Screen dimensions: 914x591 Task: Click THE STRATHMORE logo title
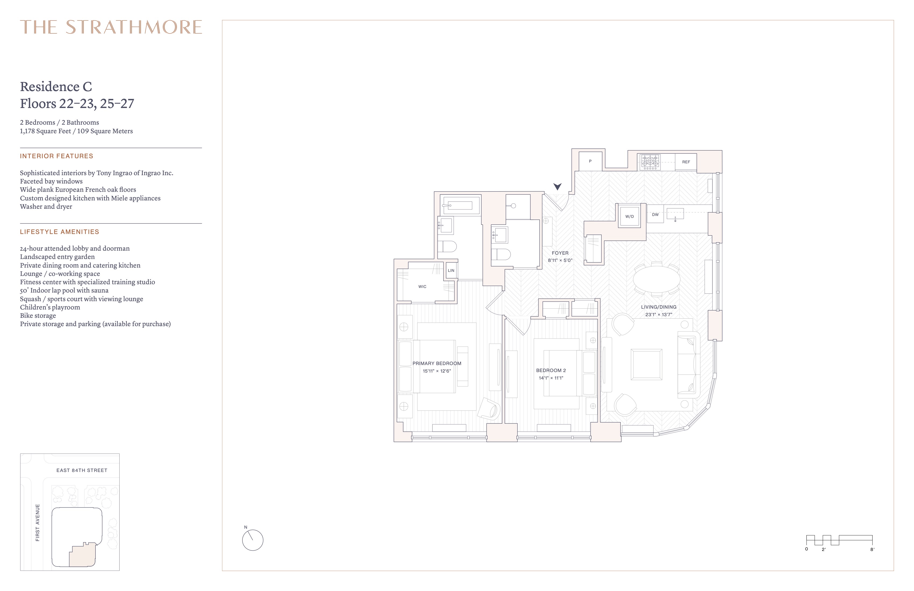tap(111, 27)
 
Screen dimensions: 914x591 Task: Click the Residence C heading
tap(56, 87)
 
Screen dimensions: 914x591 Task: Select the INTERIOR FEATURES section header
tap(56, 156)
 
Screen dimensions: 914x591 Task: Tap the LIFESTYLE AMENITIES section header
tap(59, 232)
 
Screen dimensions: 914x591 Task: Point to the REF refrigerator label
tap(686, 162)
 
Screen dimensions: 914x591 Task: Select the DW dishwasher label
tap(655, 215)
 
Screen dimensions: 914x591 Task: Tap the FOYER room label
tap(560, 253)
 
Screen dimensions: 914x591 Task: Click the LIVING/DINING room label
tap(659, 307)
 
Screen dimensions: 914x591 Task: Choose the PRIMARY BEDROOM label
tap(437, 363)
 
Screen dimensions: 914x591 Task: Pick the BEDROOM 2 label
tap(551, 370)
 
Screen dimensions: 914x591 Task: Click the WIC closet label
tap(422, 287)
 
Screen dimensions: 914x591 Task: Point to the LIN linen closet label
tap(451, 271)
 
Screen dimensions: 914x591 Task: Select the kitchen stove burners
tap(650, 162)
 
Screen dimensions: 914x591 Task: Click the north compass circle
tap(253, 540)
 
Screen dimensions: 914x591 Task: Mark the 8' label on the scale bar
tap(872, 550)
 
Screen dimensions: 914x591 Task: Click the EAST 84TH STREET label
tap(82, 470)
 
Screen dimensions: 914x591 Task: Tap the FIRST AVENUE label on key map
tap(38, 523)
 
